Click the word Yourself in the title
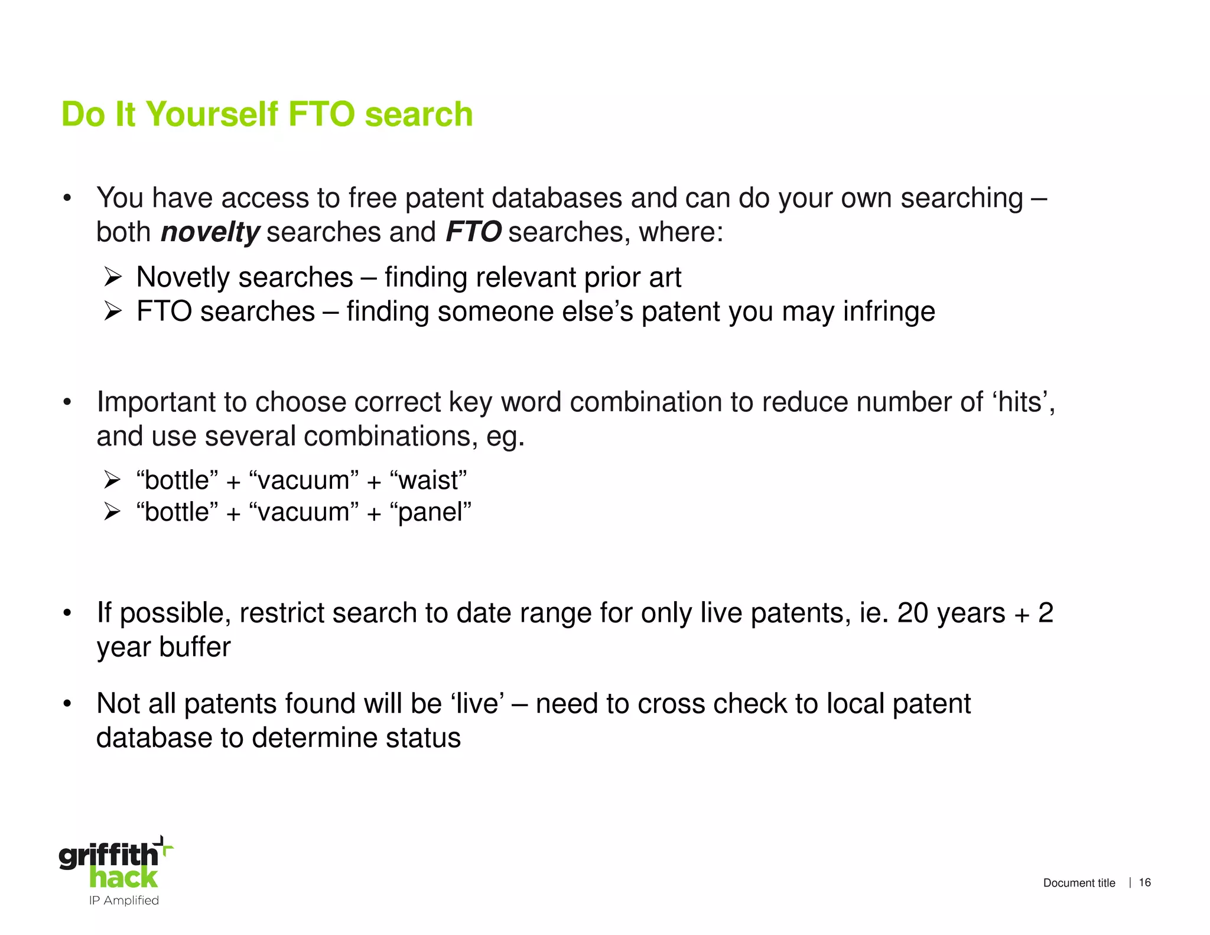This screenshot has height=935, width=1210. tap(212, 114)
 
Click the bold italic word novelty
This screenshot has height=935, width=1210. tap(210, 232)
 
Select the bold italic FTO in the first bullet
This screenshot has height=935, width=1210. tap(473, 232)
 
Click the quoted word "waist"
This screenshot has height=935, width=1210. tap(428, 480)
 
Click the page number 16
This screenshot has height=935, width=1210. tap(1144, 882)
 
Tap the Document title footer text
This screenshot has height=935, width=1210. tap(1079, 883)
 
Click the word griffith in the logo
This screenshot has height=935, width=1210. tap(108, 855)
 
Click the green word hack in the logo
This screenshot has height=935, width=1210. tap(123, 878)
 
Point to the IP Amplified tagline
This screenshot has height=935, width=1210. tap(123, 900)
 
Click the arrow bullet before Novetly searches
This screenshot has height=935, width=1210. tap(112, 277)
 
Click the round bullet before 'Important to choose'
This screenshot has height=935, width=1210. tap(67, 402)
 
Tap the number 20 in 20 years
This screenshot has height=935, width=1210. tap(913, 613)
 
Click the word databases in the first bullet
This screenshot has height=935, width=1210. tap(557, 198)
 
